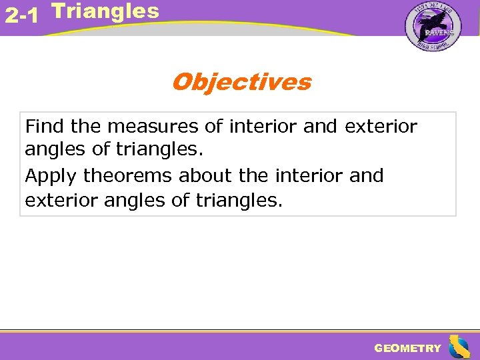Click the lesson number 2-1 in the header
click(21, 15)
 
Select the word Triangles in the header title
click(105, 11)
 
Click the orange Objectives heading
click(241, 83)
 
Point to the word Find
click(44, 126)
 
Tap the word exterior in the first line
click(381, 126)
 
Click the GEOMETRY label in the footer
click(407, 348)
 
